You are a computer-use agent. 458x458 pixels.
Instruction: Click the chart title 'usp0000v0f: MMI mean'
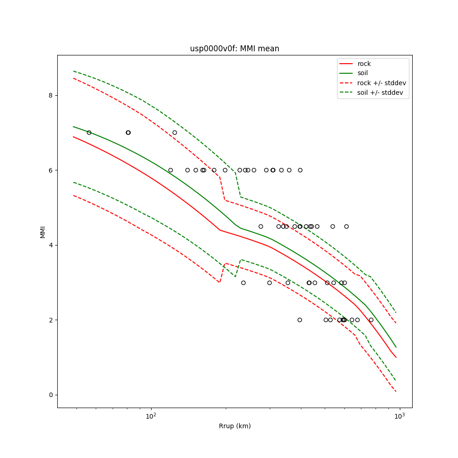(x=234, y=49)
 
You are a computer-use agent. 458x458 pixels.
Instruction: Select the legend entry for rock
(x=364, y=64)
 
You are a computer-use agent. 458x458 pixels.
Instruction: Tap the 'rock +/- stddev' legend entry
(x=382, y=83)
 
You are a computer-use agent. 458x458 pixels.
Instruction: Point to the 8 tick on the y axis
(x=50, y=95)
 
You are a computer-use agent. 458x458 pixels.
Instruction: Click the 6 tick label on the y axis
(x=50, y=170)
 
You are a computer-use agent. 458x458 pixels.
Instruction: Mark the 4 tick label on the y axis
(x=50, y=245)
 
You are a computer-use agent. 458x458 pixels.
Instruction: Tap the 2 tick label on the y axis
(x=50, y=320)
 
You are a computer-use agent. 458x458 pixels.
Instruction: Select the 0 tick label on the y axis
(x=50, y=395)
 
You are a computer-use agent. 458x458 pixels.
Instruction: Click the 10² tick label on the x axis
(x=151, y=415)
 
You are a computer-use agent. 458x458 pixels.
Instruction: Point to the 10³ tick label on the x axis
(x=400, y=415)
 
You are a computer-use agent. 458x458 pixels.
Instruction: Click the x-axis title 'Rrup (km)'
(x=234, y=426)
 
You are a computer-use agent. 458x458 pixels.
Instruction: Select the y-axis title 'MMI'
(x=43, y=232)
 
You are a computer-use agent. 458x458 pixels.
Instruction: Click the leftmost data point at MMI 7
(x=89, y=132)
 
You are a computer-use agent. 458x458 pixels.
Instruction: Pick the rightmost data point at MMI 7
(x=174, y=132)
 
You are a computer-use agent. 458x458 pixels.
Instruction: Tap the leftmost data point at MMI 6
(x=170, y=170)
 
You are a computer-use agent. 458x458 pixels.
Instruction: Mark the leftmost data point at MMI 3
(x=243, y=283)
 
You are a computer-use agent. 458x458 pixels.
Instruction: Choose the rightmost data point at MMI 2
(x=371, y=320)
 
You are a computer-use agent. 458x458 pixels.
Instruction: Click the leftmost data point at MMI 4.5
(x=261, y=226)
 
